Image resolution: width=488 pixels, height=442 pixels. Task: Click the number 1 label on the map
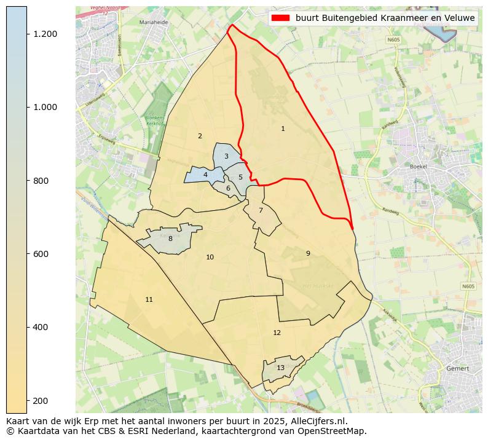pos(283,129)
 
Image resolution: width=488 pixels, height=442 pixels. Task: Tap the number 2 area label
pos(200,136)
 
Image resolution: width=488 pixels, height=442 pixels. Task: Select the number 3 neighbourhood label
pos(226,156)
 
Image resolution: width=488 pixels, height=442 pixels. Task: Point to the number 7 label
pos(261,210)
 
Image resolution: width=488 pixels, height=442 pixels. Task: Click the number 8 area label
pos(170,239)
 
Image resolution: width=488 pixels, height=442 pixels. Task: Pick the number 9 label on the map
pos(308,253)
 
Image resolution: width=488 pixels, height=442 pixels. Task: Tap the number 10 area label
pos(210,257)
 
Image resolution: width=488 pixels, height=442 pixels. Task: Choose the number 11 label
pos(149,299)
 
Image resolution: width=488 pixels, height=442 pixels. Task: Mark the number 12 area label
pos(277,333)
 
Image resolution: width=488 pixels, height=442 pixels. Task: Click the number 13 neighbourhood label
pos(280,368)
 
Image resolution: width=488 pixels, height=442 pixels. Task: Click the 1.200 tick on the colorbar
pos(45,34)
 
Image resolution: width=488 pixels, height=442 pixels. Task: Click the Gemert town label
pos(458,368)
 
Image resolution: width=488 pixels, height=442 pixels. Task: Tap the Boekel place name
pos(418,167)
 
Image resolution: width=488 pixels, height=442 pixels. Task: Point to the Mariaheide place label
pos(154,22)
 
